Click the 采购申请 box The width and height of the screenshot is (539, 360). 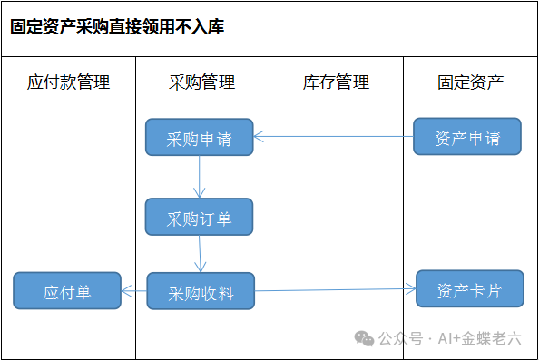tap(200, 137)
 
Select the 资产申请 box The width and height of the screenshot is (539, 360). tap(467, 136)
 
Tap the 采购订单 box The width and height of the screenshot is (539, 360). tap(199, 217)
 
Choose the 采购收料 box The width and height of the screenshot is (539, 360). tap(201, 291)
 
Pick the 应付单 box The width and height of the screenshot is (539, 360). tap(67, 290)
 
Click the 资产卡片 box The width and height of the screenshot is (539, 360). tap(470, 288)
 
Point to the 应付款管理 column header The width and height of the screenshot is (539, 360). tap(68, 83)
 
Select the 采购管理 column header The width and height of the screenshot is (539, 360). tap(201, 83)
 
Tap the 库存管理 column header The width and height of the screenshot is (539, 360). tap(336, 83)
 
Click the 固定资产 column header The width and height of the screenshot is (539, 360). tap(471, 83)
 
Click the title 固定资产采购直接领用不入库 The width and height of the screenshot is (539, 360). tap(117, 27)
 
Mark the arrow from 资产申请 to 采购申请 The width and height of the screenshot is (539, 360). tap(333, 137)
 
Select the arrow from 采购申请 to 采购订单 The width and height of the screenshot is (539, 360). tap(200, 177)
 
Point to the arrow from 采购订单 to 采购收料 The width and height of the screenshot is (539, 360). tap(200, 254)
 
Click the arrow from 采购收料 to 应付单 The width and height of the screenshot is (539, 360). tap(134, 291)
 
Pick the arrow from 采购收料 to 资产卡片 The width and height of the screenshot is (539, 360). tap(336, 290)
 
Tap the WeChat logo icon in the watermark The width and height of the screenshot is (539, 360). tap(365, 339)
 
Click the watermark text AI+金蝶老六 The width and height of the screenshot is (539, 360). tap(479, 339)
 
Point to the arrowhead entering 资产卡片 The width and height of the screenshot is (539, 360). tap(411, 289)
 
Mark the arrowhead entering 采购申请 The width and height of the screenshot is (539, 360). tap(259, 137)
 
